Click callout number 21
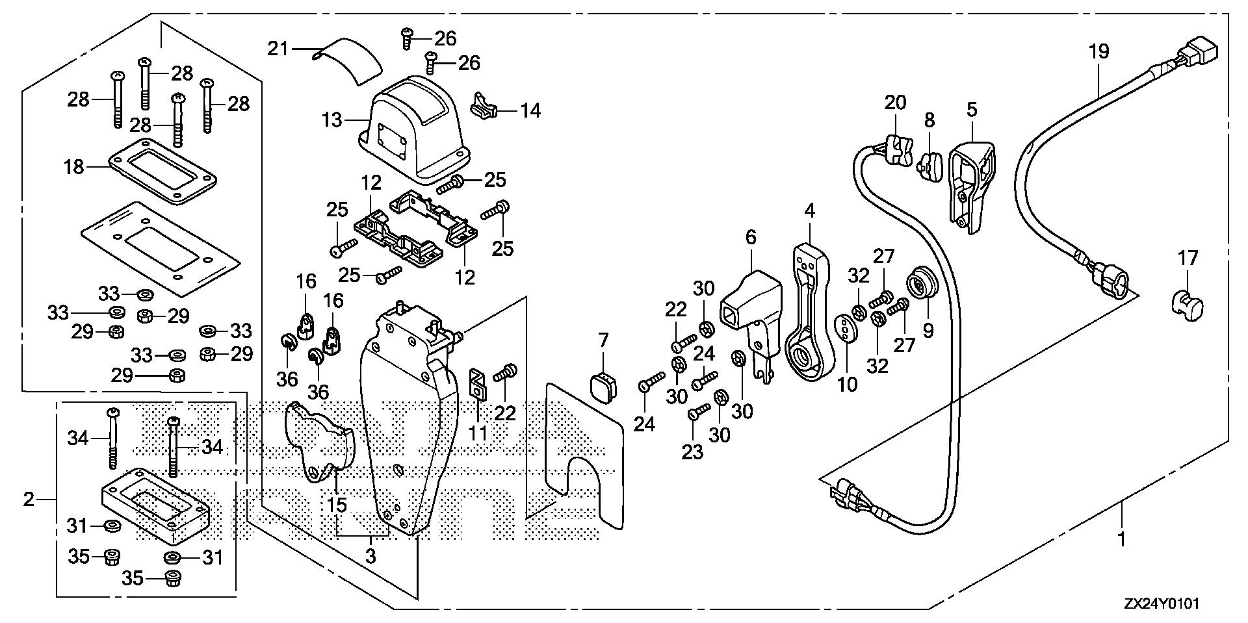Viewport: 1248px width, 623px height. click(x=278, y=48)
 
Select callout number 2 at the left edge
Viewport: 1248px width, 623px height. click(x=28, y=499)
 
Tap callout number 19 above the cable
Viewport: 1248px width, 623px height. click(x=1098, y=51)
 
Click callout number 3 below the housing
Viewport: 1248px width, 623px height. click(x=370, y=557)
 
